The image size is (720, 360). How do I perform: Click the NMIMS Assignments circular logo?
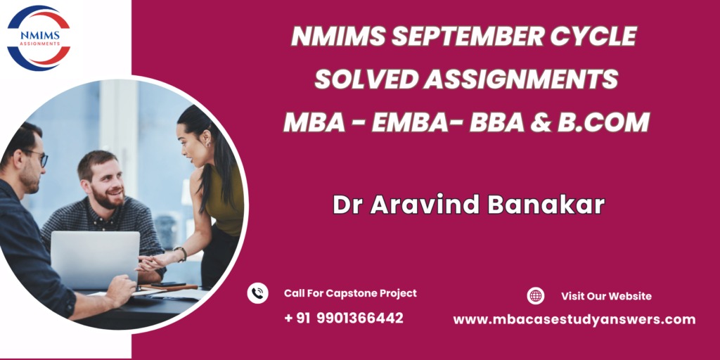point(39,38)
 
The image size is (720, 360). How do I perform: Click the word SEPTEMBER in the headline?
point(463,37)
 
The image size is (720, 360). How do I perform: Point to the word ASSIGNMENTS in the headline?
point(520,79)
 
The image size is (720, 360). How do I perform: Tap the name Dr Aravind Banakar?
point(468,205)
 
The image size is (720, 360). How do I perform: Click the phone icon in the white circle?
point(257,293)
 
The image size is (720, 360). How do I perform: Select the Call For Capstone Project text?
point(350,293)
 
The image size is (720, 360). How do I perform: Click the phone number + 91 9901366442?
point(343,318)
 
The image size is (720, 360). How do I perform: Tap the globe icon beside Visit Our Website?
point(535,296)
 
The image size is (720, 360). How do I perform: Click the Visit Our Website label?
point(606,296)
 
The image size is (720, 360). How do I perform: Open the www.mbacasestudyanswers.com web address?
point(574,320)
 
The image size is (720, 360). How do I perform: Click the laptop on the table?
point(95,260)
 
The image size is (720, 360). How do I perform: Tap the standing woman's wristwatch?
point(181,254)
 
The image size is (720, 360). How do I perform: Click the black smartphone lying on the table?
point(169,285)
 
